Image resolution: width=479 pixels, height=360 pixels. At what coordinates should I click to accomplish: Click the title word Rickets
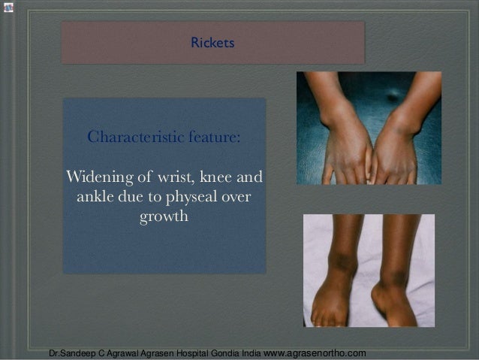[x=212, y=43]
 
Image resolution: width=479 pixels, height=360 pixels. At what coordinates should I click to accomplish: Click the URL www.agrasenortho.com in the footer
[x=316, y=352]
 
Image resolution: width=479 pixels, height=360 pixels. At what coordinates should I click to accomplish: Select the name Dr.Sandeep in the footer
[x=71, y=352]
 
